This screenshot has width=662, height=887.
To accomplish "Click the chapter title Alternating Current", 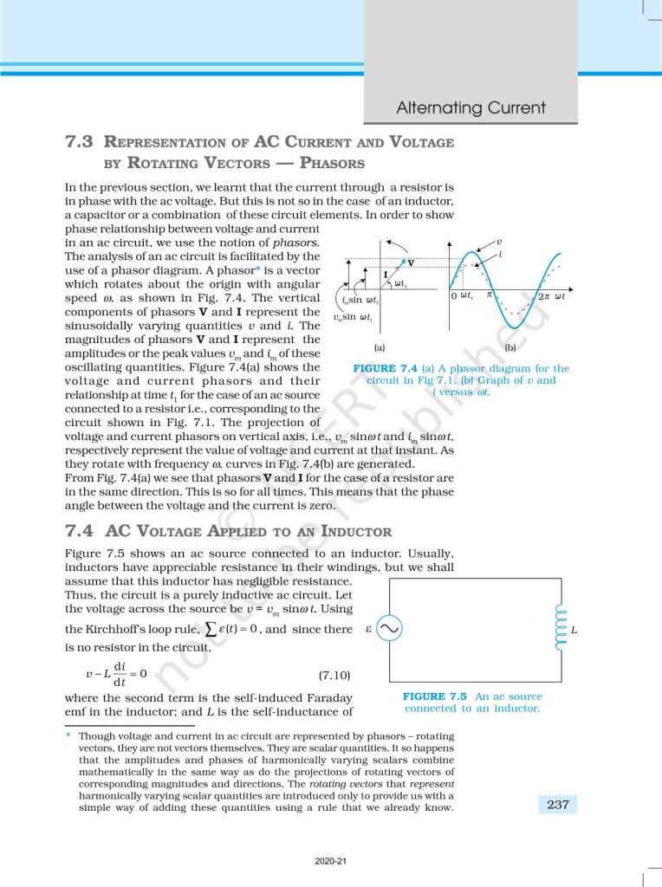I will point(471,108).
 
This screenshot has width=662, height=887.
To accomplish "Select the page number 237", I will point(558,805).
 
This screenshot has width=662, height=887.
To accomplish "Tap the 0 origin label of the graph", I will point(454,297).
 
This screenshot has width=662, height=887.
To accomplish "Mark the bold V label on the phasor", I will point(411,262).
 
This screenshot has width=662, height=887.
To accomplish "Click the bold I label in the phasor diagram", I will point(385,275).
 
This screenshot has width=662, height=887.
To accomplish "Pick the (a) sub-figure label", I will point(379,348).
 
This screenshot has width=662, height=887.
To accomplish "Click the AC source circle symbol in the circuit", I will point(388,629).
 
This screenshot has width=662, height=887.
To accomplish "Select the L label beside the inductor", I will point(574,629).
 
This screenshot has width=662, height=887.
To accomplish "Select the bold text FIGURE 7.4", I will point(385,368).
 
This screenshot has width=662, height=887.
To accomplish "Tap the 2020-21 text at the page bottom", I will point(331,861).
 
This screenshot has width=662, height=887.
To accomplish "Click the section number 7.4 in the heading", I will point(80,532).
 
